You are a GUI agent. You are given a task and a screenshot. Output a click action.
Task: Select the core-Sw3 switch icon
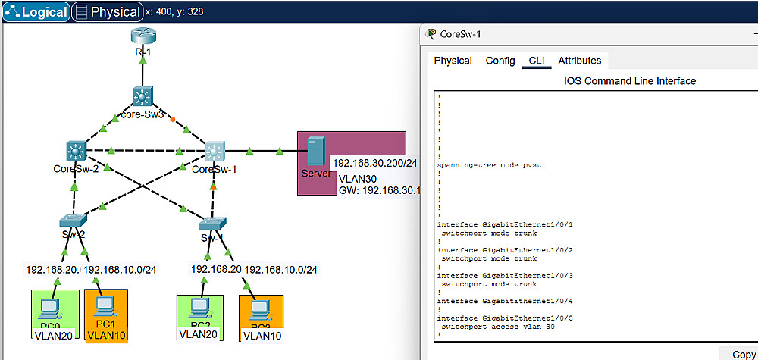[x=143, y=95]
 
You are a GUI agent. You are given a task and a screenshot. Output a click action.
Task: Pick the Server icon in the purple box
[x=314, y=155]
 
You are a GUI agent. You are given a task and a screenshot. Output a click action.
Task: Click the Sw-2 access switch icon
[x=74, y=221]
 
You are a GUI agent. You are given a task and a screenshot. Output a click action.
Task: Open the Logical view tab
[x=36, y=12]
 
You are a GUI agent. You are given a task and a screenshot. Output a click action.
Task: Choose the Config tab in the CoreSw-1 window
[x=500, y=61]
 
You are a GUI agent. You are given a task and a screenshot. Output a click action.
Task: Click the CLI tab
[x=537, y=61]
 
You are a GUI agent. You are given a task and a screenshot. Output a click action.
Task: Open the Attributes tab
[x=579, y=61]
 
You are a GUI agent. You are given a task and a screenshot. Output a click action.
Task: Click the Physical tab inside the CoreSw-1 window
[x=453, y=61]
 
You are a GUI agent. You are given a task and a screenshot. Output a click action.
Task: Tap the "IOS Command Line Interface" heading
[x=630, y=81]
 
